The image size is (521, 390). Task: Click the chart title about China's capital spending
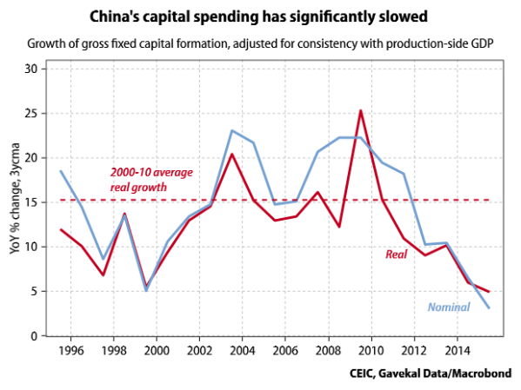click(x=260, y=17)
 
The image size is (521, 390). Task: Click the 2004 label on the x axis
click(x=244, y=351)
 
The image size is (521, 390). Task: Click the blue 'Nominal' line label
click(x=449, y=307)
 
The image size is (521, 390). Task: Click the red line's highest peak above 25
click(x=360, y=110)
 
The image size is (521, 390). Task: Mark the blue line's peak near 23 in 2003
click(x=231, y=130)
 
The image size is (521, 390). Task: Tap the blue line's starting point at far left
click(x=60, y=171)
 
